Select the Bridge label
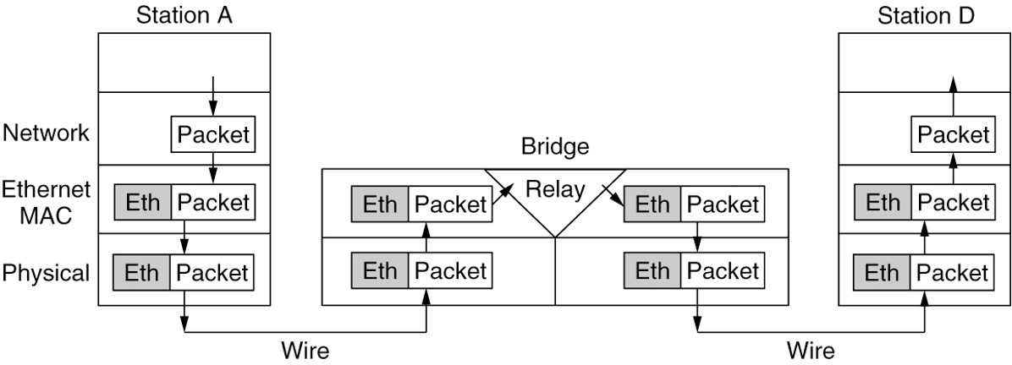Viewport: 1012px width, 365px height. point(554,148)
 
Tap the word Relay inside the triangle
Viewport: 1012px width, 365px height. point(554,189)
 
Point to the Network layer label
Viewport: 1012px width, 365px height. point(46,133)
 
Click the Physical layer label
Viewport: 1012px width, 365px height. point(46,273)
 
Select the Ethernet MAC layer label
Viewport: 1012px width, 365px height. point(46,203)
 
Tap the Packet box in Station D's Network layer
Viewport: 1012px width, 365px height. point(954,134)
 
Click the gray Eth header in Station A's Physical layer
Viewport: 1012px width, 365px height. point(142,273)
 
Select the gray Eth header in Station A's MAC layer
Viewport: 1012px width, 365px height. point(142,203)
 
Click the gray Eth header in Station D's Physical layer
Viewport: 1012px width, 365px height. point(883,273)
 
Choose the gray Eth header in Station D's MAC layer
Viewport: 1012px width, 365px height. point(883,203)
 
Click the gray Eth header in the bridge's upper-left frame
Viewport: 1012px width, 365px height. point(380,204)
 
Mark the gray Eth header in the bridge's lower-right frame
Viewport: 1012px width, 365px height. point(652,272)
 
